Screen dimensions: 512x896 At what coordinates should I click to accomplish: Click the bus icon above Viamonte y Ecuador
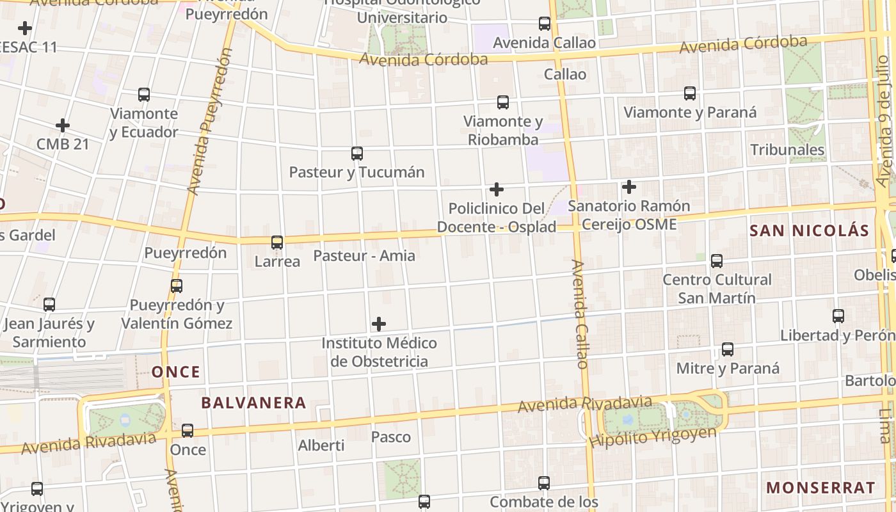144,95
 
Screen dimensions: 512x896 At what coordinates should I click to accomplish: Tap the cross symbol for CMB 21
62,125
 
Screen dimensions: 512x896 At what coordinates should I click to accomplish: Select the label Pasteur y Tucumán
356,172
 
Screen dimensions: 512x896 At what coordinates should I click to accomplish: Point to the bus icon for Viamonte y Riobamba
503,102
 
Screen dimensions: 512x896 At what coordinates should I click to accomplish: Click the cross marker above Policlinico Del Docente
496,189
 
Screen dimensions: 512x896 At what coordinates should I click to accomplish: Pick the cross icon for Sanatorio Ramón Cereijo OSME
629,187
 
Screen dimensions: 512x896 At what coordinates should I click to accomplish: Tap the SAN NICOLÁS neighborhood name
809,231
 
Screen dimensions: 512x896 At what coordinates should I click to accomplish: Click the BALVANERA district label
253,403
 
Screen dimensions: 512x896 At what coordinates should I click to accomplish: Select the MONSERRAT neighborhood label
820,487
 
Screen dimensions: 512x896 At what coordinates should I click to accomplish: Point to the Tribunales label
787,150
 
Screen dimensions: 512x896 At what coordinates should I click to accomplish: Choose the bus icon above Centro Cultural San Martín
717,260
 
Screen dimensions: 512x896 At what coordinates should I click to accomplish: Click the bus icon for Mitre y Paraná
728,349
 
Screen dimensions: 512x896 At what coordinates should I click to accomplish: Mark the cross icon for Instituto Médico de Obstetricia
379,324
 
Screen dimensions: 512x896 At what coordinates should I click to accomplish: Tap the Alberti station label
321,445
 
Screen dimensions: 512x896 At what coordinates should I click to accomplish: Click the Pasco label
391,437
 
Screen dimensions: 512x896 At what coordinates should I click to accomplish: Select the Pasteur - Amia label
364,255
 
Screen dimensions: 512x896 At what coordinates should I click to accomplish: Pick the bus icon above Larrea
277,243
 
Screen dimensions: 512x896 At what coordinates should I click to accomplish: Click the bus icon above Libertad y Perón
838,316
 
